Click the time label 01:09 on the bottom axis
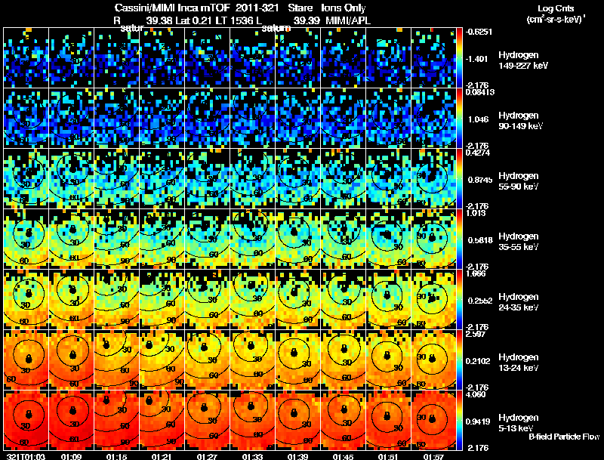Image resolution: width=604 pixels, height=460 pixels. coord(72,456)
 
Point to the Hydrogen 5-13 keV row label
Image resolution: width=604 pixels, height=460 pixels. coord(519,422)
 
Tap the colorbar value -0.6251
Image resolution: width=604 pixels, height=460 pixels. coord(478,32)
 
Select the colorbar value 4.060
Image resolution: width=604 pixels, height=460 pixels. coord(476,394)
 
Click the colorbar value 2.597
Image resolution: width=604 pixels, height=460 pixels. coord(476,334)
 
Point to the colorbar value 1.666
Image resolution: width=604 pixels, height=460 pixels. coord(476,273)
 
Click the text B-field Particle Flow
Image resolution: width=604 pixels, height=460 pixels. coord(564,437)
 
